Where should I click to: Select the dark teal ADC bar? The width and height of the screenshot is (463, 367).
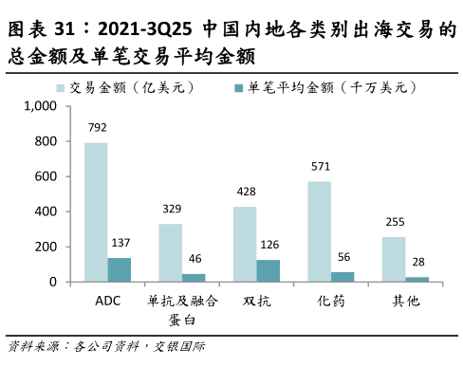point(120,270)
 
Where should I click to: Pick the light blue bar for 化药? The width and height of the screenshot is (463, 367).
point(320,231)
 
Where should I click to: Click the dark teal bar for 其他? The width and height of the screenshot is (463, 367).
point(418,279)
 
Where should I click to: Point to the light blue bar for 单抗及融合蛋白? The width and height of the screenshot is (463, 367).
point(170,252)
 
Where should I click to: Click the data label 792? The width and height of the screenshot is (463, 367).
point(95,127)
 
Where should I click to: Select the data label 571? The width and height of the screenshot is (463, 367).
point(320,167)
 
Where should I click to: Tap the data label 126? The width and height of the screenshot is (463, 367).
point(269,245)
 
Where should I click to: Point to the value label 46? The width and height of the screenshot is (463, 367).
point(194,259)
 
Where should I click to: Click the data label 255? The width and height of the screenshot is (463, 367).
point(394,222)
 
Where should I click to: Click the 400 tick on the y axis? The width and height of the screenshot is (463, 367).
point(46,211)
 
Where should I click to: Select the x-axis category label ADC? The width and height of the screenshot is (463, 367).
point(107,302)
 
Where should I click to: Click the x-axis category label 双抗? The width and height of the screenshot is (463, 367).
point(257,302)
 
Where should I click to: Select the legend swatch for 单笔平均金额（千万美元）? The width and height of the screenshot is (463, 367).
point(239,86)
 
